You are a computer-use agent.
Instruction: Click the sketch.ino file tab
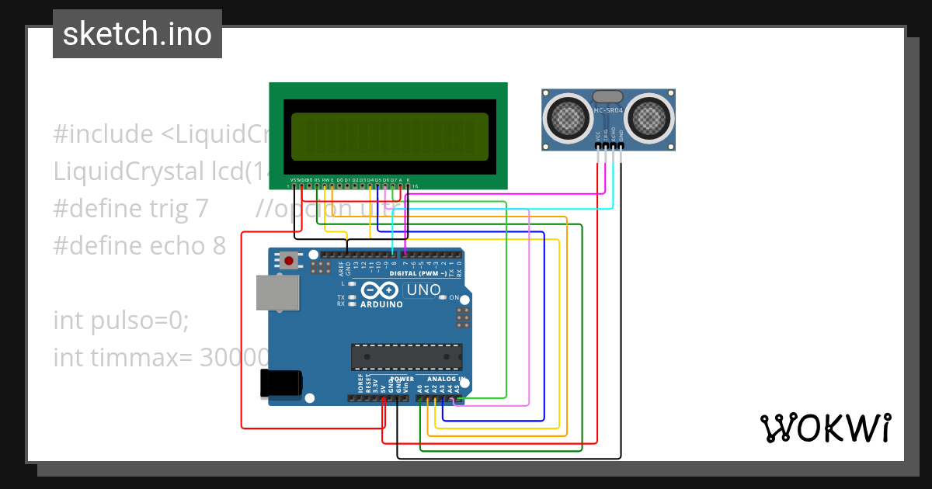(x=137, y=34)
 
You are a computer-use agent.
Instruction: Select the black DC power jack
(x=280, y=383)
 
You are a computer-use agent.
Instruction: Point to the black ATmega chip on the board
(x=406, y=356)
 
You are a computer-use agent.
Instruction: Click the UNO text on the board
(x=423, y=290)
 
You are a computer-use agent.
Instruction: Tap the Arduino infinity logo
(x=381, y=291)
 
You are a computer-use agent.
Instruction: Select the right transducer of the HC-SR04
(x=650, y=117)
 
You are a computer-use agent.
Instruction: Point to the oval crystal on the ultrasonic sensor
(x=607, y=96)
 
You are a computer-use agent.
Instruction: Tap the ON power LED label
(x=454, y=298)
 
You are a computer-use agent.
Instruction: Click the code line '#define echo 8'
(x=140, y=246)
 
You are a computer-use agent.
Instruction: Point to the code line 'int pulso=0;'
(x=121, y=320)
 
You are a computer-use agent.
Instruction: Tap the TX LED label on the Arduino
(x=341, y=297)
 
